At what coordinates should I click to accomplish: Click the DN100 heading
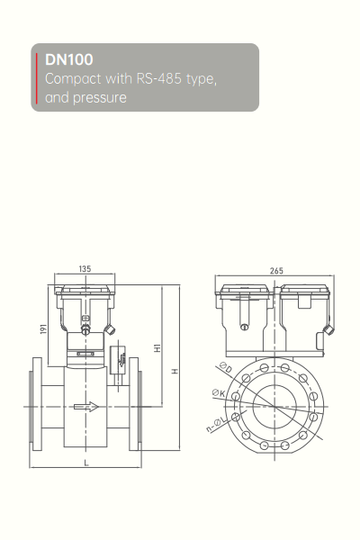(69, 59)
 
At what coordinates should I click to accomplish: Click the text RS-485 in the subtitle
(158, 78)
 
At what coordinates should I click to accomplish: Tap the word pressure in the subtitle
(100, 98)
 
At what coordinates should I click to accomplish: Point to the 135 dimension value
(85, 268)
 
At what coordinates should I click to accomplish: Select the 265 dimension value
(276, 271)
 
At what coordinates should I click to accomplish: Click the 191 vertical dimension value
(43, 328)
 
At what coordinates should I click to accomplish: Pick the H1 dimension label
(157, 347)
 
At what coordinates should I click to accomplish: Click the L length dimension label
(86, 463)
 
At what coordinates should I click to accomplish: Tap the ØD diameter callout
(225, 367)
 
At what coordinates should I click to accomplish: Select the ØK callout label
(219, 392)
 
